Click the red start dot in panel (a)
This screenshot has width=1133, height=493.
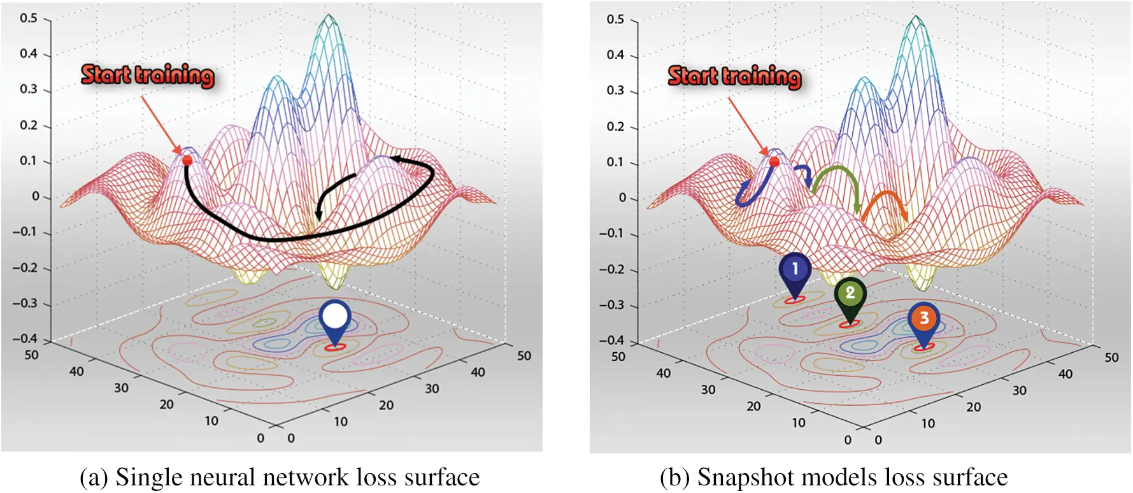(x=187, y=161)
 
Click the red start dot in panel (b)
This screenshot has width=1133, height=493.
(x=774, y=162)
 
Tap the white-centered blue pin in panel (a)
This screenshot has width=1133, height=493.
(x=335, y=317)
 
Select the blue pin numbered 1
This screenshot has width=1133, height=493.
(x=794, y=270)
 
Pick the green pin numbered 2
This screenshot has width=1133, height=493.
(x=850, y=294)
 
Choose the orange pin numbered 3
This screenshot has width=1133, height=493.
(x=923, y=318)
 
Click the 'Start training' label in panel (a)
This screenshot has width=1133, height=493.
(x=147, y=75)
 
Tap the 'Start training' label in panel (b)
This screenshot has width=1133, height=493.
(x=734, y=76)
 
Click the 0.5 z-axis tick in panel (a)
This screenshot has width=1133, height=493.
(x=29, y=18)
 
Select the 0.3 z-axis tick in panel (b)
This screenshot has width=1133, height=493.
(x=615, y=90)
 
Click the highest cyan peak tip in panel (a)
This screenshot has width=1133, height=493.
(x=328, y=15)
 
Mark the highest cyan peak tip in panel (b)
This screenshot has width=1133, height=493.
(x=916, y=17)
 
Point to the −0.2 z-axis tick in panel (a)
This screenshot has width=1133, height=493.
(x=25, y=268)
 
